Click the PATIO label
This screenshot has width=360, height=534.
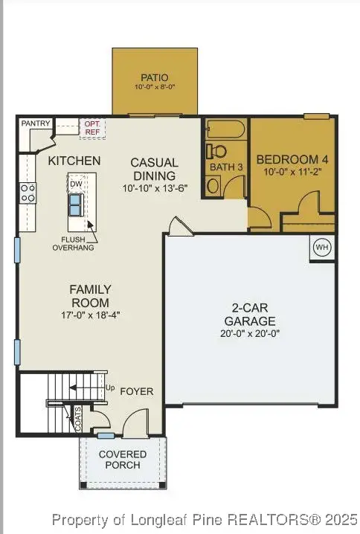[x=155, y=77]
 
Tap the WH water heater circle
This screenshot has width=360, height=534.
[x=321, y=247]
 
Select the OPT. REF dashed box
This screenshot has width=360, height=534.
[x=93, y=128]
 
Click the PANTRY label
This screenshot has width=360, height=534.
[x=35, y=123]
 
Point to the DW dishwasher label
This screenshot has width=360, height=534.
[x=76, y=184]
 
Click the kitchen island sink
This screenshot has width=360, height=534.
[x=77, y=203]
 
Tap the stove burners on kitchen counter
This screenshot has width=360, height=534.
[x=28, y=193]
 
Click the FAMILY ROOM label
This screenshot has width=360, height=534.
[x=90, y=296]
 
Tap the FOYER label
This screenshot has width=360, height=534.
[x=136, y=391]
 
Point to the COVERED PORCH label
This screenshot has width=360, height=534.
[x=123, y=460]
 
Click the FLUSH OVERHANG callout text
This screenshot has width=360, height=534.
[x=72, y=244]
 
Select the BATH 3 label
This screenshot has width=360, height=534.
[x=226, y=167]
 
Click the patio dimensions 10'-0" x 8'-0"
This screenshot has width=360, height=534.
[x=155, y=87]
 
